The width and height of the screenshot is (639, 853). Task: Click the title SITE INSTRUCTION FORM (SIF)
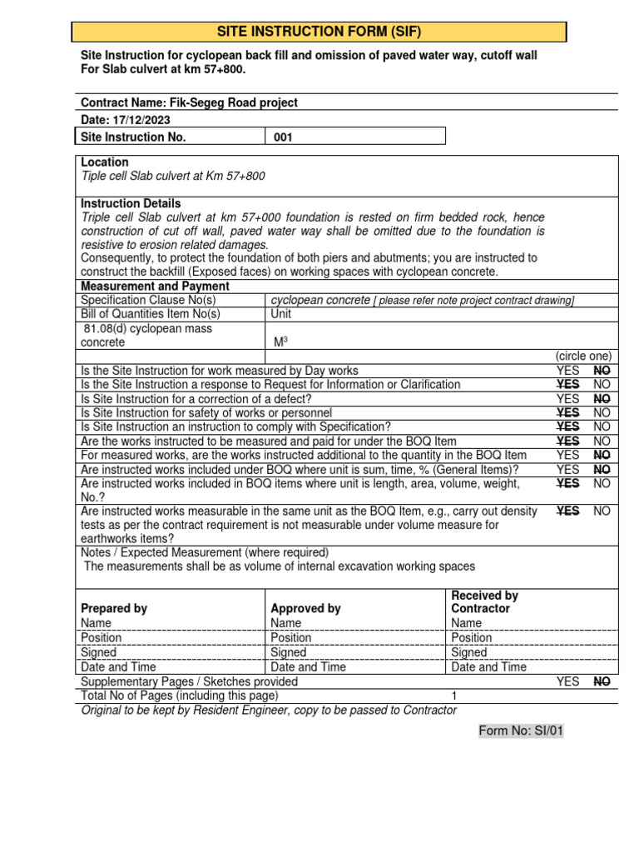point(319,32)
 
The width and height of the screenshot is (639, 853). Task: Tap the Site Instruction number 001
point(283,137)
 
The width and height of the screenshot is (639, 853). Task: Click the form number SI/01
point(521,731)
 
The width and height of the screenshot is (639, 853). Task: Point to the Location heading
point(105,162)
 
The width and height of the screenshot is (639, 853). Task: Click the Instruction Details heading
point(131,204)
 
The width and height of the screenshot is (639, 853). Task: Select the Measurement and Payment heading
point(155,287)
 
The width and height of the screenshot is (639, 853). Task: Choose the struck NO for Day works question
point(602,371)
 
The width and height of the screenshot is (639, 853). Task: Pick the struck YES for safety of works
point(567,413)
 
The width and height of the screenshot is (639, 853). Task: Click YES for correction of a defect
point(567,399)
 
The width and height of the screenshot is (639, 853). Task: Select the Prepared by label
point(114,609)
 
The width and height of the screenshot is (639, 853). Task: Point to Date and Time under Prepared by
point(118,667)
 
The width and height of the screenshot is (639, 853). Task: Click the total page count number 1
point(454,696)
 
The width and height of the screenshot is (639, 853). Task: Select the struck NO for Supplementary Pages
point(602,681)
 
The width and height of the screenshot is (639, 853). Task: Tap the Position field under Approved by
point(291,638)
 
